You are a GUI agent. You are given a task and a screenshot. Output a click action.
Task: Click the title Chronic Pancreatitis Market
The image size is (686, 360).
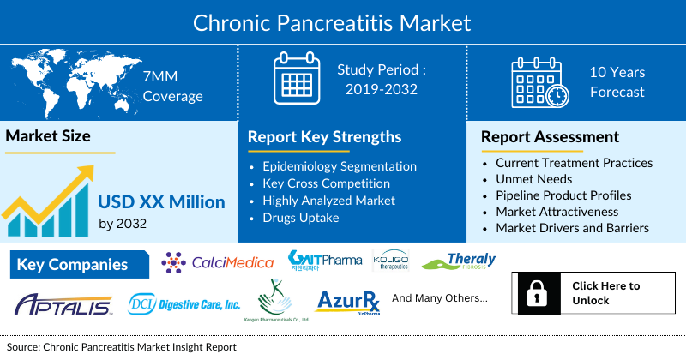(343, 21)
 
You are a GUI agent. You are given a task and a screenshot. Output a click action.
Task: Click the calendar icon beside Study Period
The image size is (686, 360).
(296, 81)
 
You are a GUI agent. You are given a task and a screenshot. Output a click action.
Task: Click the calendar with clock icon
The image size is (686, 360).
(539, 83)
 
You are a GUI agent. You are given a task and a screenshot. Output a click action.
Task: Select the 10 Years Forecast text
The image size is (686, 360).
(617, 82)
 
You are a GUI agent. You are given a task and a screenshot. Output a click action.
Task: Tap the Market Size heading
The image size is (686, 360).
(48, 135)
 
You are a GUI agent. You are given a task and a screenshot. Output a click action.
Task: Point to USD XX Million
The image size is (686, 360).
(161, 202)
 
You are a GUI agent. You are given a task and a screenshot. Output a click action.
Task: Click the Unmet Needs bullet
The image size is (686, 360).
(534, 178)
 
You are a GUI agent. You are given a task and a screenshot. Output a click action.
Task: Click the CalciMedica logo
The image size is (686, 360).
(218, 261)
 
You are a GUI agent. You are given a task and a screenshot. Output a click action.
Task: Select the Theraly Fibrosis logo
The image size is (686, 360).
(459, 261)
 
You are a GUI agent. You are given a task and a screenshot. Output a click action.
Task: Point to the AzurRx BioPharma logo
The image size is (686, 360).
(347, 303)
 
